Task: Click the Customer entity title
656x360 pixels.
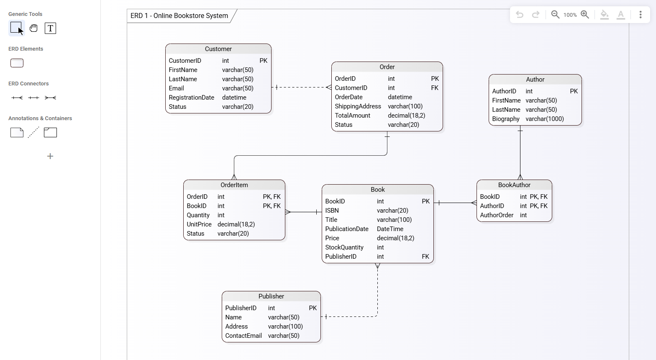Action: (218, 49)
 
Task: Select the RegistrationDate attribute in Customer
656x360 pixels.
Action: (191, 98)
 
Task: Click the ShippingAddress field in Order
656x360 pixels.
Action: (358, 106)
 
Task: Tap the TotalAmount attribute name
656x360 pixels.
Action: (352, 116)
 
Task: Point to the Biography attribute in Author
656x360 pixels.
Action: (505, 119)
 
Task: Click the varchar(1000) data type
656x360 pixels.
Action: (544, 119)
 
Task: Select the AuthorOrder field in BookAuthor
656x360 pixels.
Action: (497, 215)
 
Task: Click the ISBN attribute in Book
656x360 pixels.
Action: (332, 211)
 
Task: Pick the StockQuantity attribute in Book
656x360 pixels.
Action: (344, 247)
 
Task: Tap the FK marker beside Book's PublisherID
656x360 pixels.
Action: (425, 257)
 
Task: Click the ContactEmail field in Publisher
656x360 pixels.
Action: (243, 336)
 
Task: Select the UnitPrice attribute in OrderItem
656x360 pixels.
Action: (199, 224)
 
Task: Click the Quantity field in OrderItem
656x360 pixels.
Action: (198, 215)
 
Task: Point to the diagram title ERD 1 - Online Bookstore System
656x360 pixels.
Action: (179, 16)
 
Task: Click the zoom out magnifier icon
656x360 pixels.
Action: (555, 15)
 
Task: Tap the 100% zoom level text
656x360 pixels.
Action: (570, 15)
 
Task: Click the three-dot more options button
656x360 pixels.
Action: (640, 15)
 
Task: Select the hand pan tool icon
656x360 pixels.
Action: (33, 28)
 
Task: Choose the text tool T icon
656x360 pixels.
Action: (50, 28)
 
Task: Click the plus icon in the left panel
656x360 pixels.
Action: (50, 156)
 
